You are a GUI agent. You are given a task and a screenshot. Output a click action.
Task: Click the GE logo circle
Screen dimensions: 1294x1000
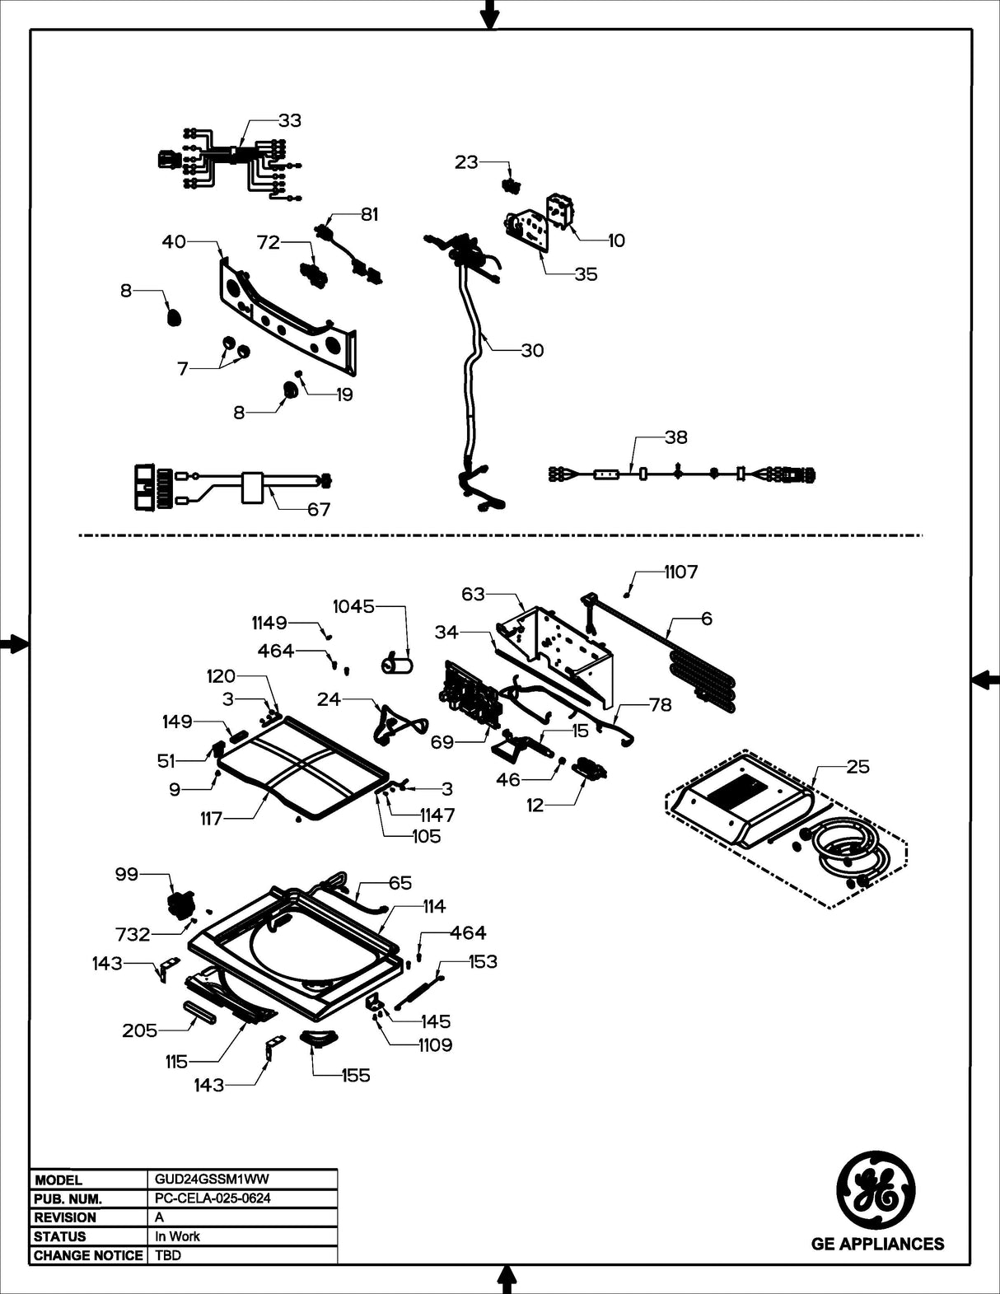876,1187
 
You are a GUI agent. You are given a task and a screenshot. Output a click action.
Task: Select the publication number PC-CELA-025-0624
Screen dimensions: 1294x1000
213,1198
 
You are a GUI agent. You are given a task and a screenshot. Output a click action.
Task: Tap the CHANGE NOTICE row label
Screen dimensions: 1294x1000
88,1255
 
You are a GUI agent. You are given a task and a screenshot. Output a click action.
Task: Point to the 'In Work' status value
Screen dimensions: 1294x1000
177,1236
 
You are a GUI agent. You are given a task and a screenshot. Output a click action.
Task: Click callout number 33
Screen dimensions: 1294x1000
289,120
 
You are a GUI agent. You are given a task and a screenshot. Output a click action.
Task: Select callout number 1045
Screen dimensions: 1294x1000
353,606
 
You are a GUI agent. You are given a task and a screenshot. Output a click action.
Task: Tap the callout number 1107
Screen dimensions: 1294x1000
680,572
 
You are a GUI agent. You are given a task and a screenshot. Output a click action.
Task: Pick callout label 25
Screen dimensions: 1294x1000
857,766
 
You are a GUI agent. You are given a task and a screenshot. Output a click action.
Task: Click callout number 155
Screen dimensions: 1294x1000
355,1075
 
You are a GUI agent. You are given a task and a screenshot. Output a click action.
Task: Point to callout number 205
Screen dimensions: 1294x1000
139,1030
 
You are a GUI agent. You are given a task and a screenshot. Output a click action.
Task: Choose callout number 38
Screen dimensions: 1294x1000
675,437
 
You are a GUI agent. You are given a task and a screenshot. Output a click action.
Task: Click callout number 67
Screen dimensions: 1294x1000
319,509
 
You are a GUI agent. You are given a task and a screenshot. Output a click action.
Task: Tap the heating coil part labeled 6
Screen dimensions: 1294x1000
700,675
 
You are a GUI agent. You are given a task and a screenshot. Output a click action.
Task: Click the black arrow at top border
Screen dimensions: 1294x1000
489,14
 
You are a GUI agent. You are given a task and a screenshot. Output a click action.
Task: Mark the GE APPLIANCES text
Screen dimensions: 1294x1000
877,1244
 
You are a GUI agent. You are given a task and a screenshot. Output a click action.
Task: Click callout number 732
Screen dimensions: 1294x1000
133,934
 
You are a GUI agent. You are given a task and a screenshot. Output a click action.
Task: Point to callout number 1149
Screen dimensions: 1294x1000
269,624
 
